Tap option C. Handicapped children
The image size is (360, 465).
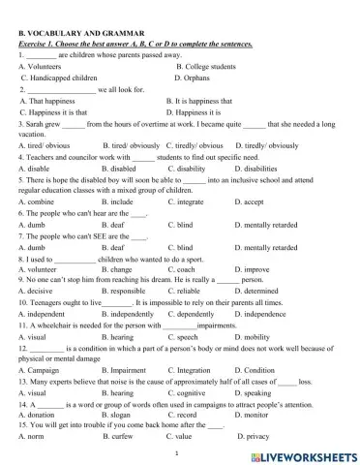point(57,77)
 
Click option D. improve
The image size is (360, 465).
point(252,269)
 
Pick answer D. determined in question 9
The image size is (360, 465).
point(256,291)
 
